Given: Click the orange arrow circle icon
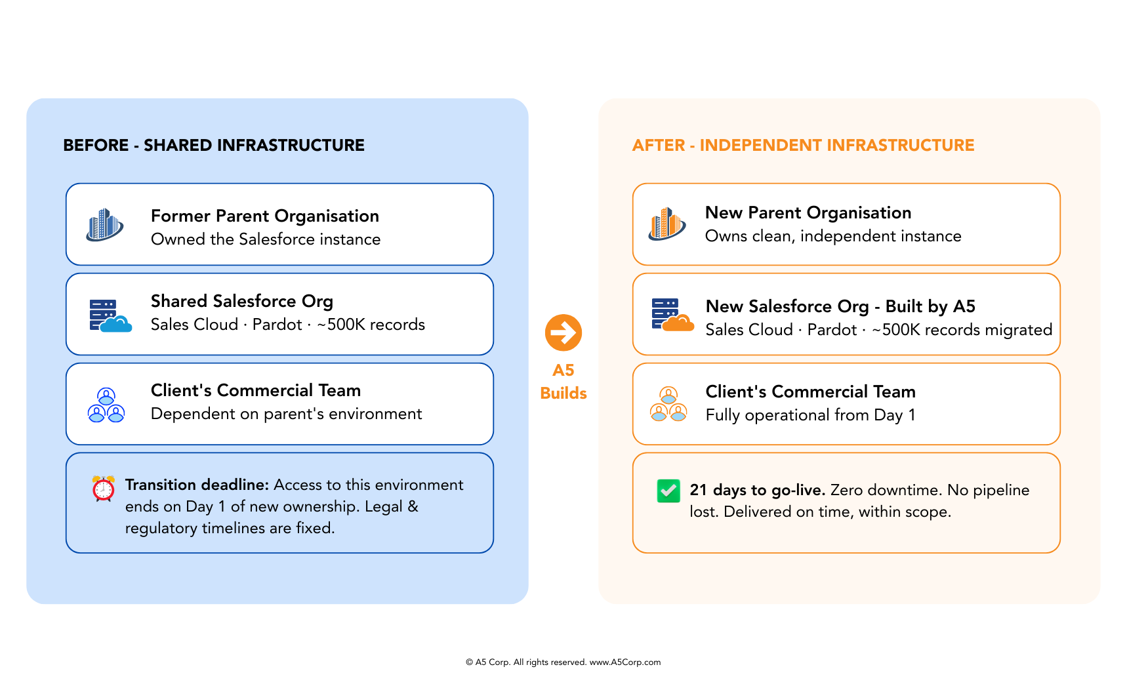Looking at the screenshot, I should point(563,333).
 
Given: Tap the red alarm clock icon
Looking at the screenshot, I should point(104,489).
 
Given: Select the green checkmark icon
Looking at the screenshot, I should point(668,491).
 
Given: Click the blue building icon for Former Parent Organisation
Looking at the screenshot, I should point(105,225).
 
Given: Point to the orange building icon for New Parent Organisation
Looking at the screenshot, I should point(667,224).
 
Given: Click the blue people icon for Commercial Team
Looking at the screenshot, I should point(106,405).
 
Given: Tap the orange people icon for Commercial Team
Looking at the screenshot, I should point(668,404).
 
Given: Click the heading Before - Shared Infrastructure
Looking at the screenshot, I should point(214,145).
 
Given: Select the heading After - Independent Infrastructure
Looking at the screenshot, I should point(803,145).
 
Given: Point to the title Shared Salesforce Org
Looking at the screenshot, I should point(242,301).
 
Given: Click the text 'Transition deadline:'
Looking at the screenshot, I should point(197,485).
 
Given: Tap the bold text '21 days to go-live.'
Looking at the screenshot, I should point(757,490).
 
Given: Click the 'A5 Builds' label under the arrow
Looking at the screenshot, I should point(563,382).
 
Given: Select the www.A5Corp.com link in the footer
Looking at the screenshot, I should point(625,662).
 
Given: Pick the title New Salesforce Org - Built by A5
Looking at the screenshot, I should point(840,306).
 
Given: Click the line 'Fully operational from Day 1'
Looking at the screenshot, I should point(810,415).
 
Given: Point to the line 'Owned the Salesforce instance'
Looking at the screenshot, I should point(266,239).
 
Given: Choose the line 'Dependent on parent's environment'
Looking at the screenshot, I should point(286,414).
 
